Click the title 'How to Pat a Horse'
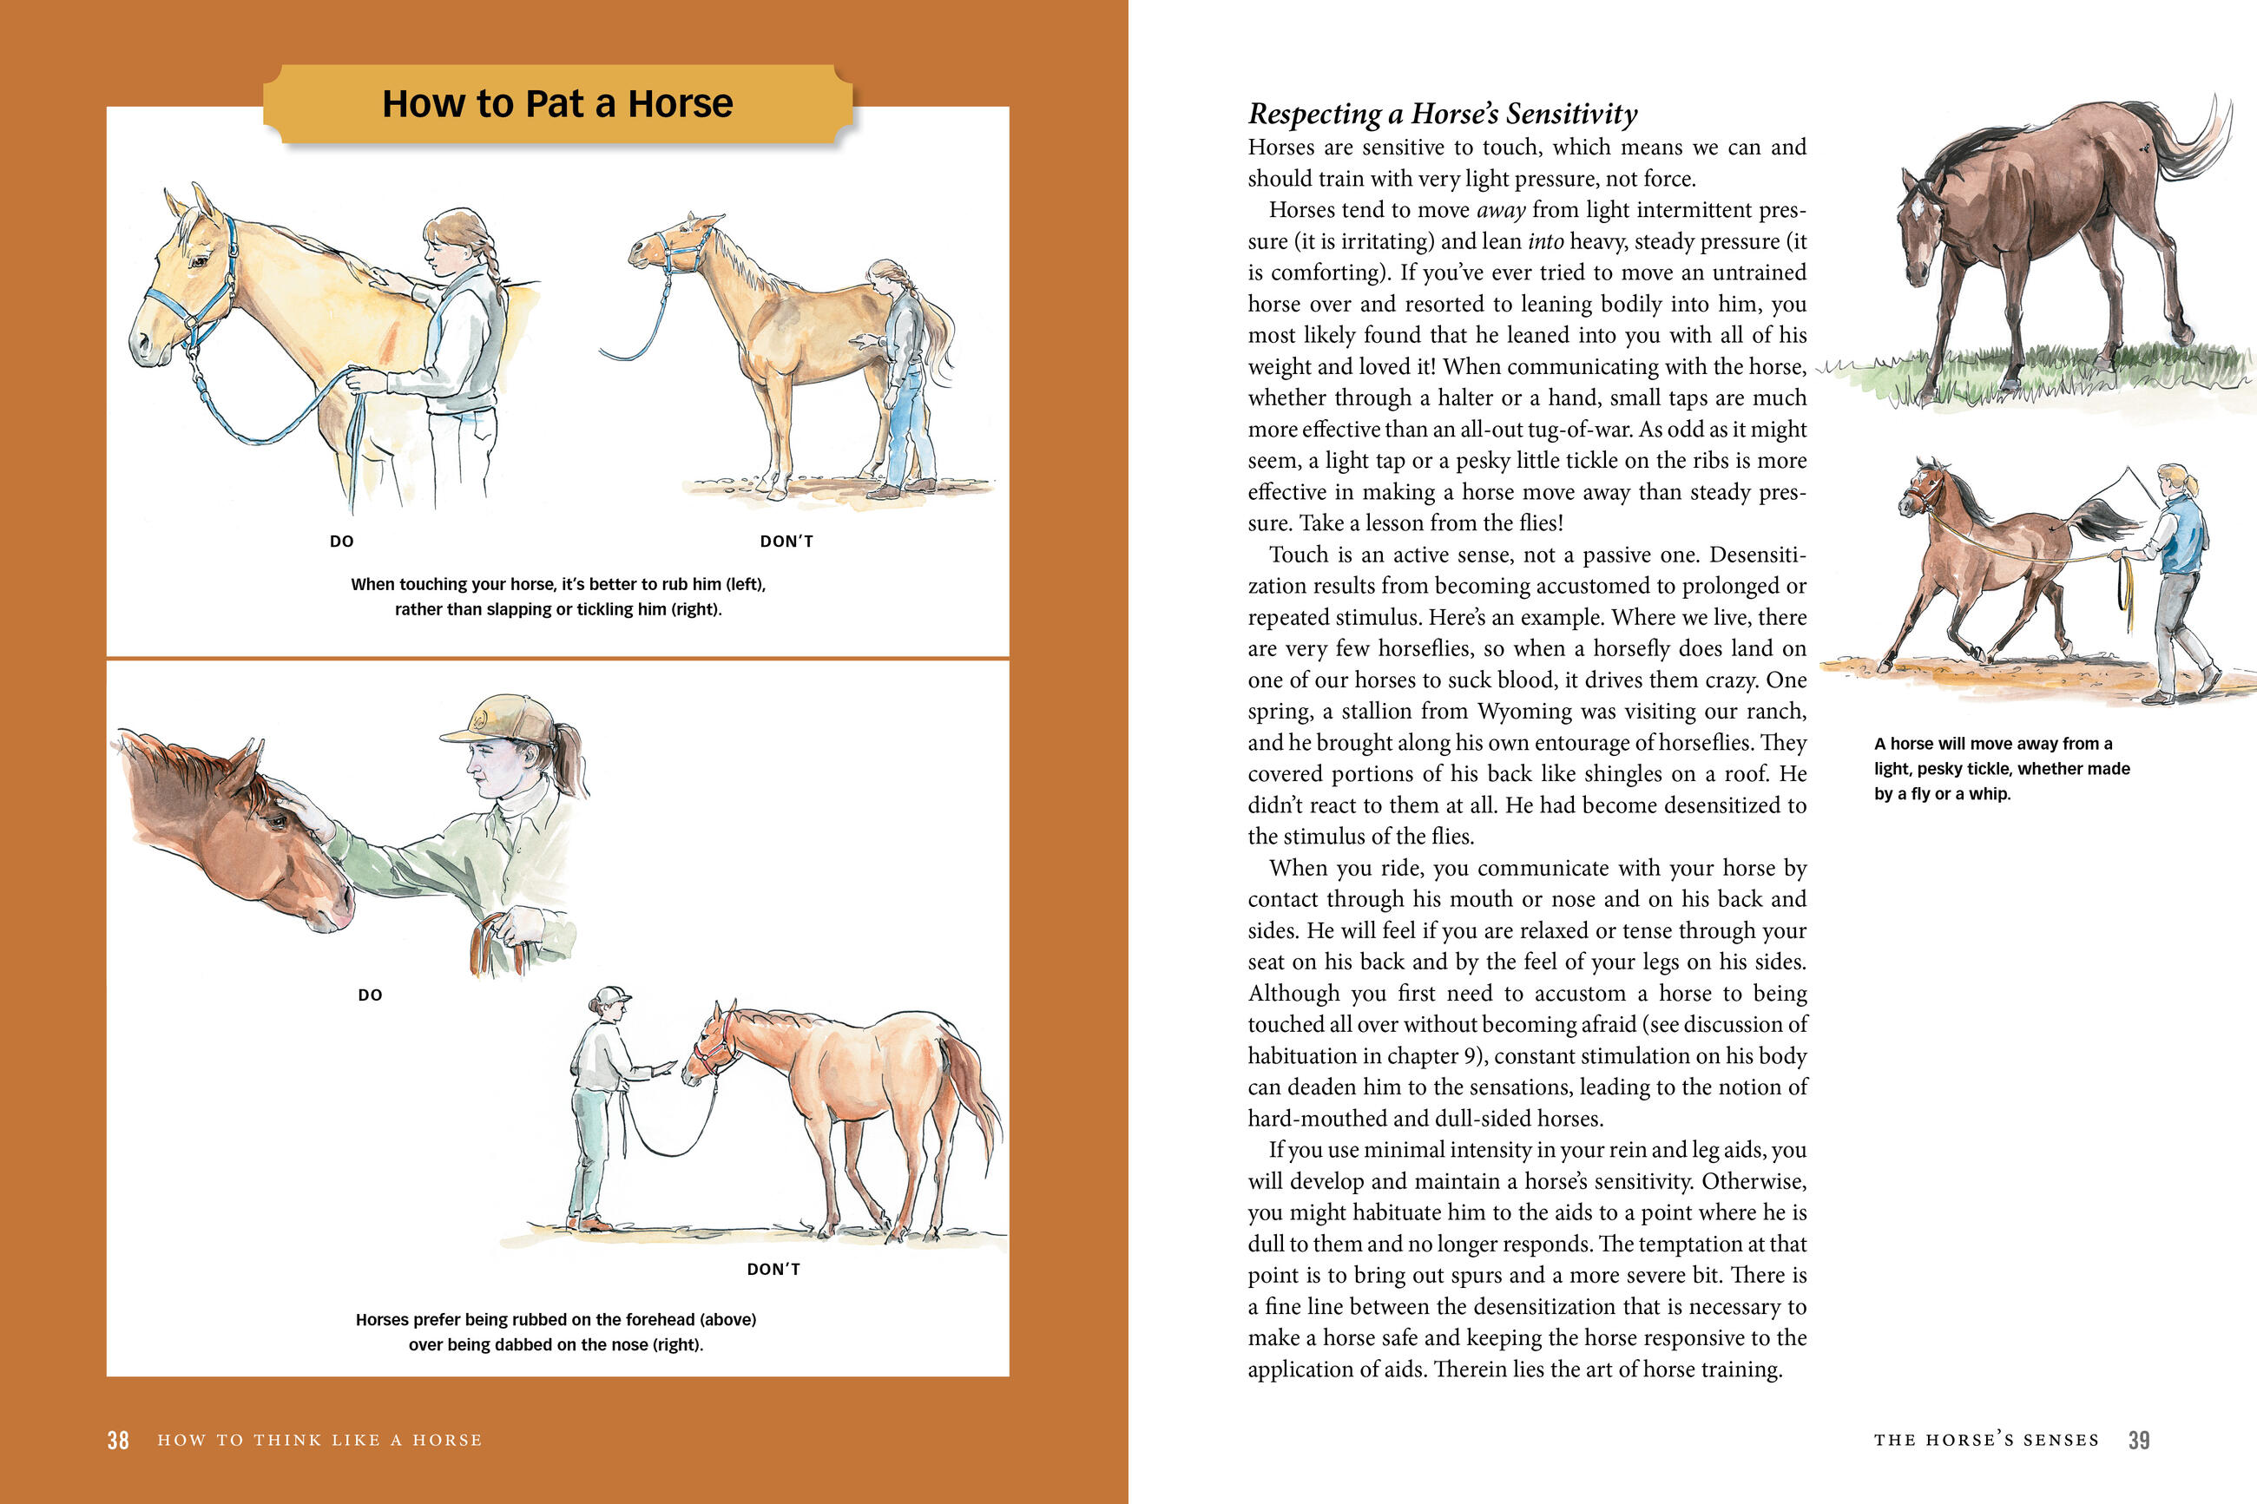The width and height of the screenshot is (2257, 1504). [557, 103]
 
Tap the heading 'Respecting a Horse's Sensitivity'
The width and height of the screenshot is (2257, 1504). [1442, 115]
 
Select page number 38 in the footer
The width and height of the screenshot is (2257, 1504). [118, 1440]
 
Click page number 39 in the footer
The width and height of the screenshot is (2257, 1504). [2138, 1440]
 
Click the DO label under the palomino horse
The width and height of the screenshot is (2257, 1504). [341, 542]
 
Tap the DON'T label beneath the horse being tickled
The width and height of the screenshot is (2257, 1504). [786, 542]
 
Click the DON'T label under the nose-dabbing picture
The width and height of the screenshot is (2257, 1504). [773, 1269]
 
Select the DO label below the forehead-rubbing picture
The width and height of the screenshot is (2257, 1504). [371, 995]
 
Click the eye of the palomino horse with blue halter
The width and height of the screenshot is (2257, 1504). [199, 260]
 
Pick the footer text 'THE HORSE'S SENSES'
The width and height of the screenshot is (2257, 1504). [1985, 1440]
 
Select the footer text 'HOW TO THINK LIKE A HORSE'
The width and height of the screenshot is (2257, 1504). [319, 1440]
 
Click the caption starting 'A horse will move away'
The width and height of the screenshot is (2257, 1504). [2001, 768]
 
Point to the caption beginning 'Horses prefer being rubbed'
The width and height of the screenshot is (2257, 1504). [556, 1331]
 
